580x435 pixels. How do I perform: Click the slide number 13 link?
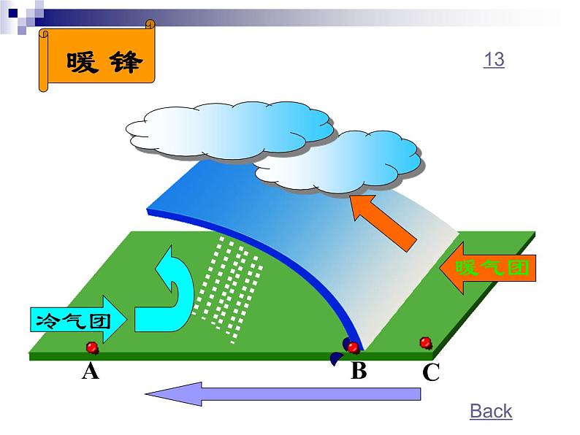pos(494,59)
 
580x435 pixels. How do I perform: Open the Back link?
pos(491,412)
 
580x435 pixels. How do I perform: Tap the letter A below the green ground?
pos(90,372)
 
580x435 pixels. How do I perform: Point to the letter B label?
pos(358,372)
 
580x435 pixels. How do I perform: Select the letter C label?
pos(431,373)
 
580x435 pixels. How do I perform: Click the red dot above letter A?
pos(92,347)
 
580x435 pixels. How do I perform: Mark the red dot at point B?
pos(353,347)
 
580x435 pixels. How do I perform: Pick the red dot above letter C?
pos(425,342)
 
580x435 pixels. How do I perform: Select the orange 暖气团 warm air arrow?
pos(488,269)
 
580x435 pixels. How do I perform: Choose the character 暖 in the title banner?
pos(82,63)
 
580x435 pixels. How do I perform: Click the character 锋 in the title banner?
pos(126,63)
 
